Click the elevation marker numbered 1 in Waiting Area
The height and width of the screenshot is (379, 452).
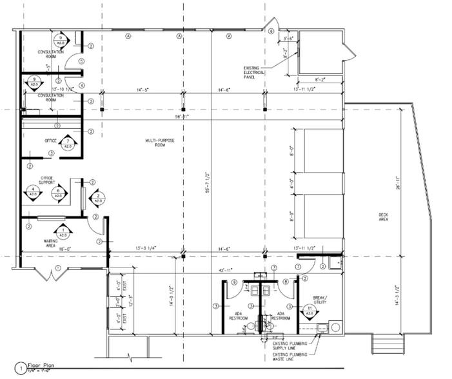click(x=63, y=229)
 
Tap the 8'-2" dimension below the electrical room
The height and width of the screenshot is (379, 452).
click(x=320, y=81)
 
